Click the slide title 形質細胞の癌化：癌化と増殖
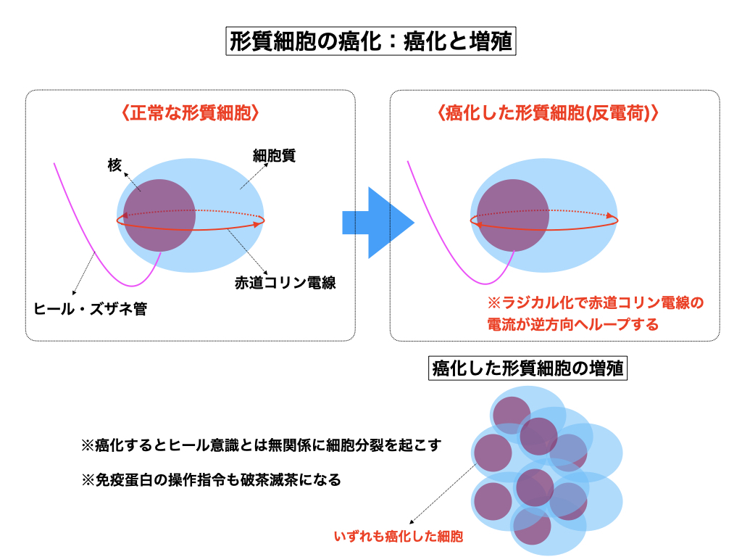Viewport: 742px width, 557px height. click(371, 41)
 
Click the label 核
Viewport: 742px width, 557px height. click(114, 166)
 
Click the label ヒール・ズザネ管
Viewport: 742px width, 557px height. click(91, 310)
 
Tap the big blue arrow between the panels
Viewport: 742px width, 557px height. click(377, 223)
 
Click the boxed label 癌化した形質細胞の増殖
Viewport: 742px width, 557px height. click(528, 368)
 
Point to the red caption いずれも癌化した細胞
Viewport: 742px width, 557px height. click(398, 537)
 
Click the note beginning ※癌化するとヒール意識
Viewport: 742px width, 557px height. click(261, 445)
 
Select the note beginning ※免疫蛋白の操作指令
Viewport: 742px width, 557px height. click(211, 479)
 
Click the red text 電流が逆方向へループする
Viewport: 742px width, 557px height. click(572, 324)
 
